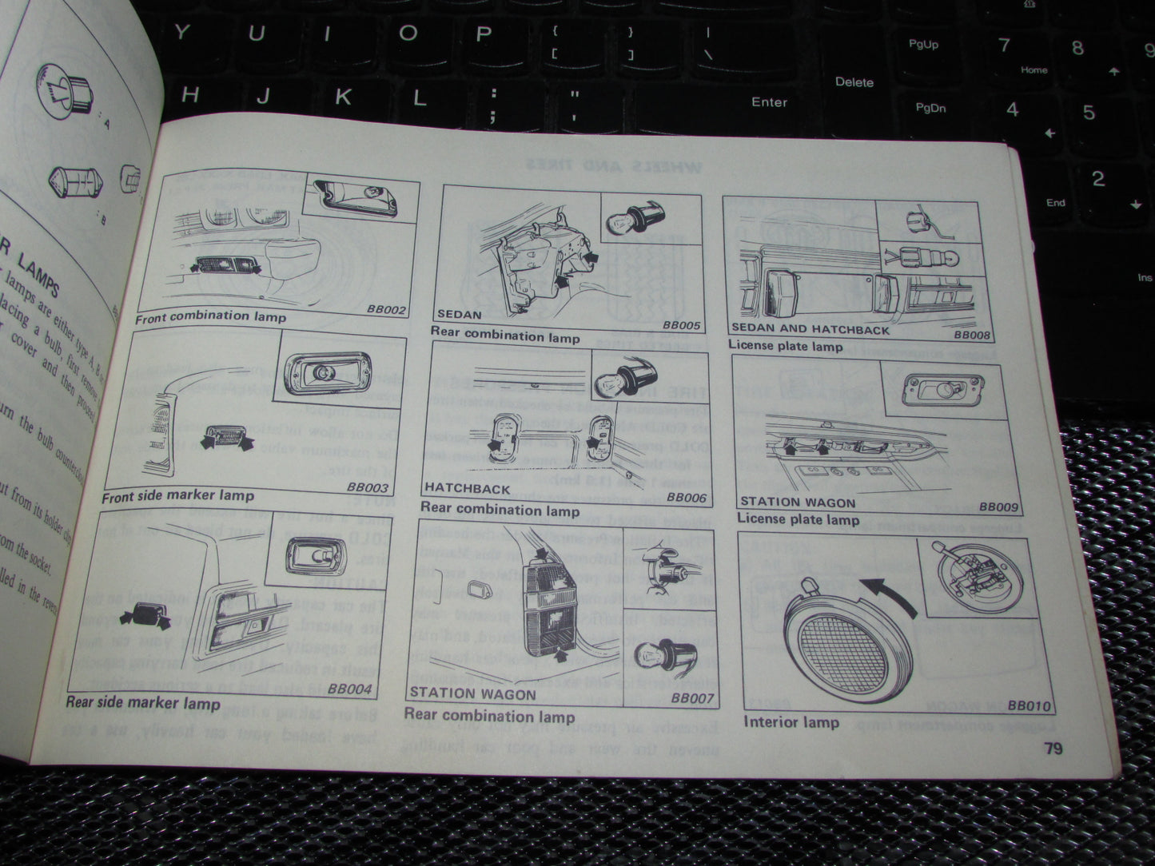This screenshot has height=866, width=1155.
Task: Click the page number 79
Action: point(1053,749)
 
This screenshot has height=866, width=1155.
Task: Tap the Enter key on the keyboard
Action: point(769,102)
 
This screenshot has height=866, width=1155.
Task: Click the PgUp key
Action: point(923,45)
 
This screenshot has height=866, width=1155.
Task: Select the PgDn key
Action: point(930,108)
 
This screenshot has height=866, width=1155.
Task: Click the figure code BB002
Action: point(388,310)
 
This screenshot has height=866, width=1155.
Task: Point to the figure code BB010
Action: point(1029,705)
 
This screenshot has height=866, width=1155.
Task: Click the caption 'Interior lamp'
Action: point(791,722)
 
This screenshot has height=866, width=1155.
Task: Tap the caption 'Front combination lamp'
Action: point(210,317)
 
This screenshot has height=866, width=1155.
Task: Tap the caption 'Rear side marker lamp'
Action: point(142,703)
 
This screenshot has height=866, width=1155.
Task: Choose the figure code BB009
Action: point(998,506)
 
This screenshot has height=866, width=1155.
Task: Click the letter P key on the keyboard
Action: point(482,34)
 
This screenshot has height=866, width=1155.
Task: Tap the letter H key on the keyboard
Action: point(189,96)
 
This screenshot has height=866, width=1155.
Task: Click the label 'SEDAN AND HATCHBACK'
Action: point(810,329)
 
